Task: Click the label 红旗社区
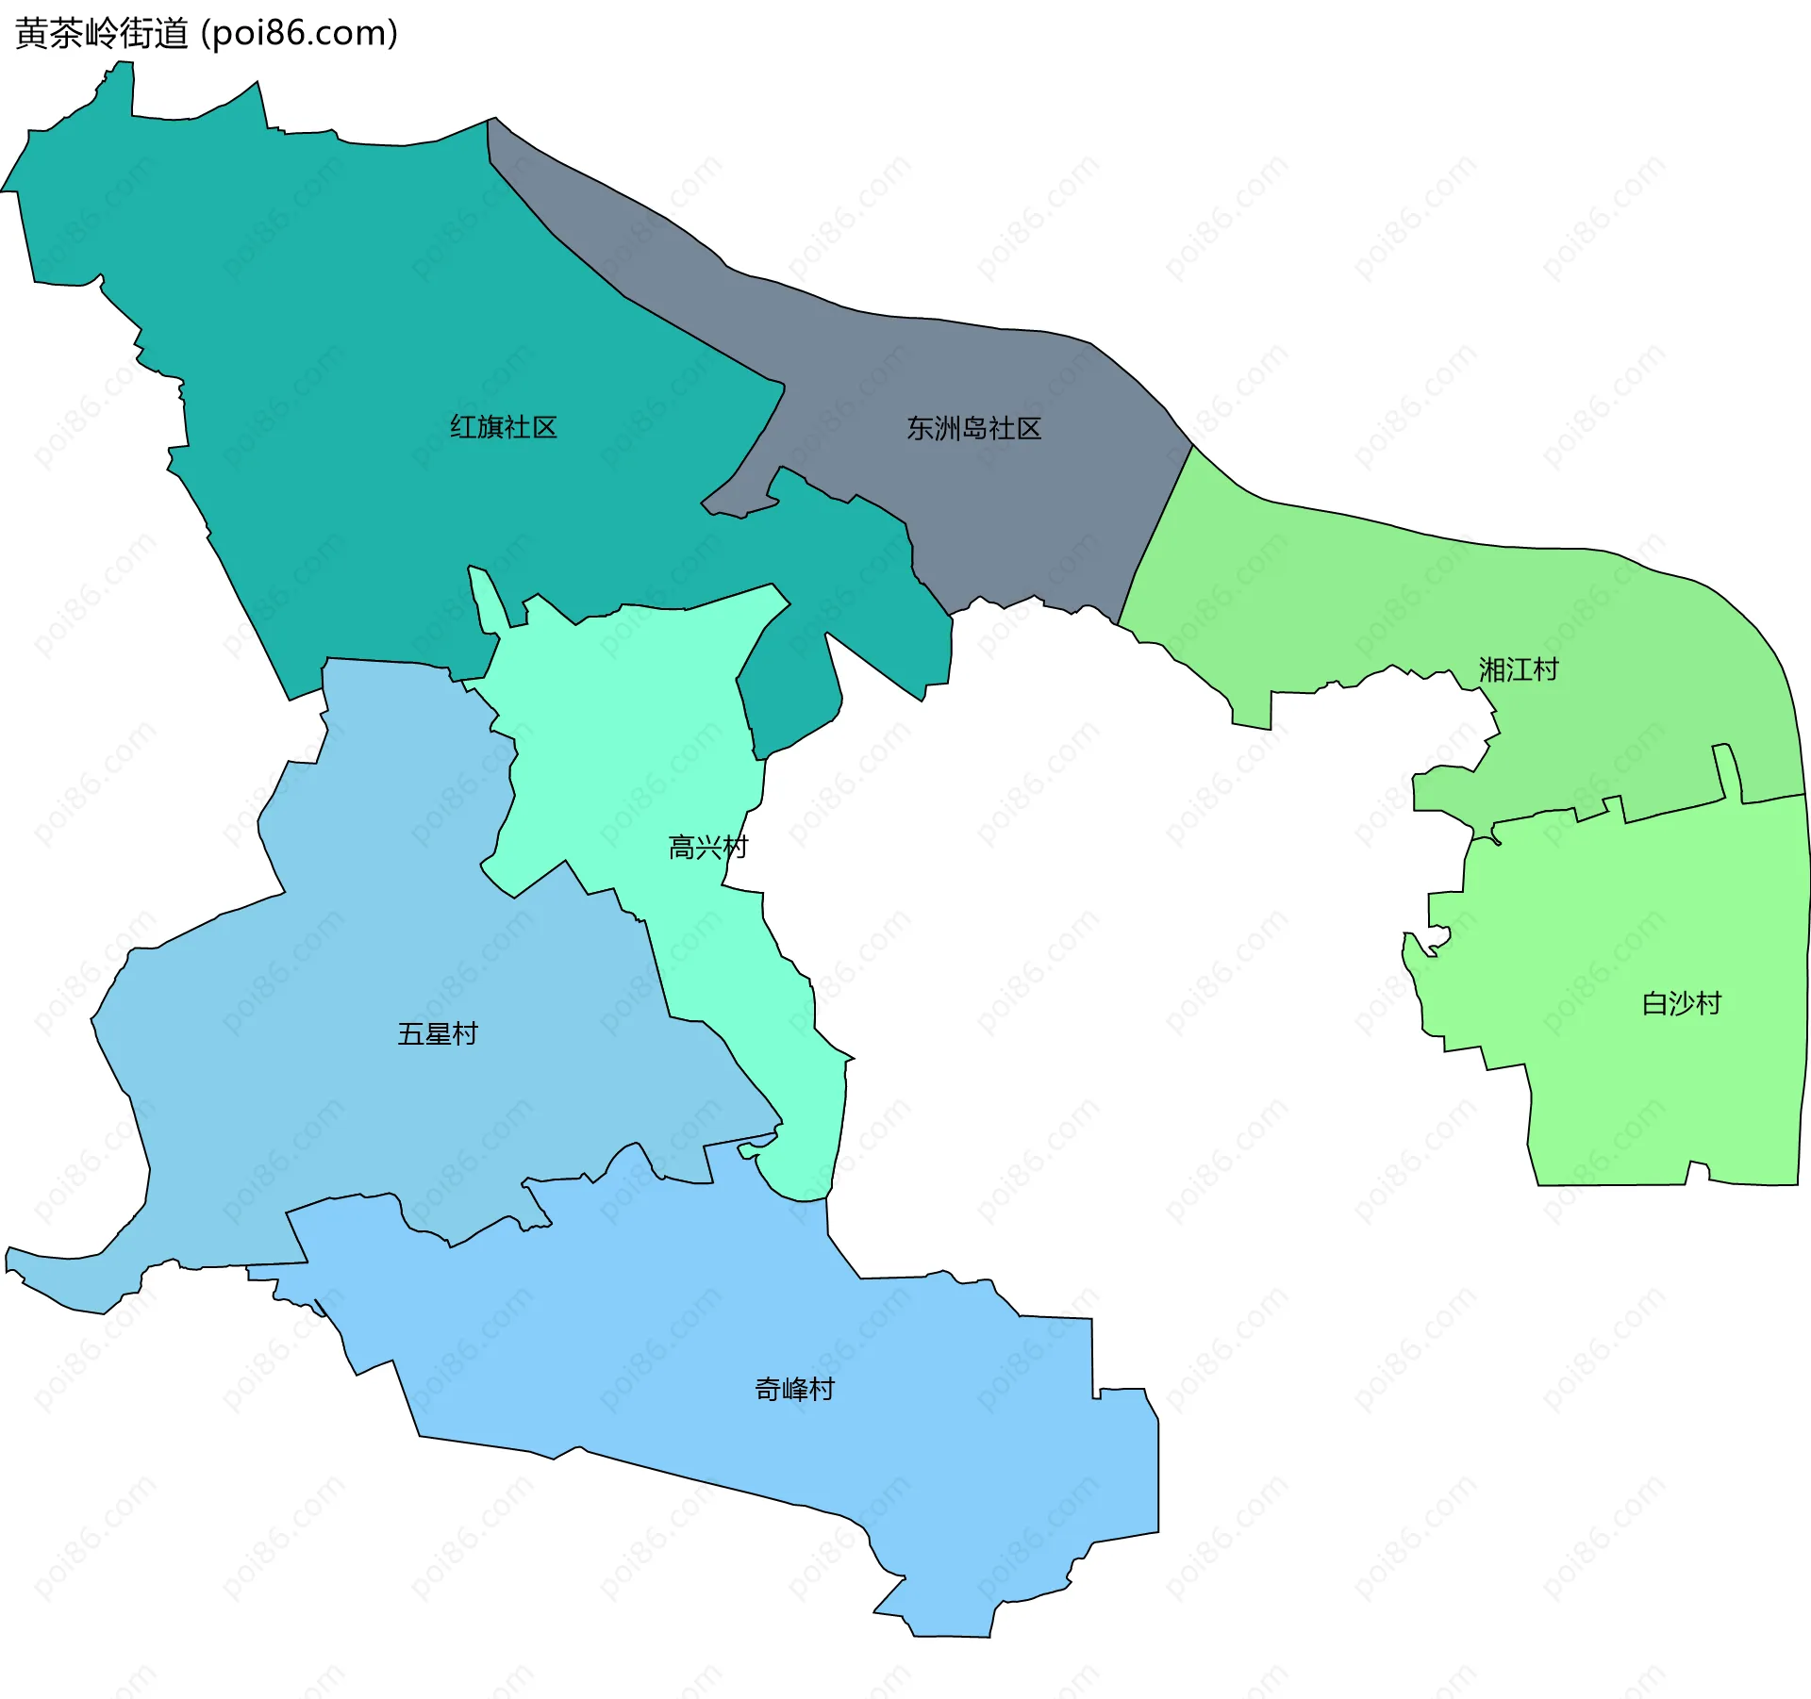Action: pyautogui.click(x=503, y=427)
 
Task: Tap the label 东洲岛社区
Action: pyautogui.click(x=973, y=428)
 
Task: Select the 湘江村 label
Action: pyautogui.click(x=1519, y=669)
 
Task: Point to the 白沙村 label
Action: pyautogui.click(x=1682, y=1002)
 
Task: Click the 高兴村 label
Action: pyautogui.click(x=707, y=848)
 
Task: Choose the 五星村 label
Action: pyautogui.click(x=437, y=1033)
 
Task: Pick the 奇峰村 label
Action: pyautogui.click(x=794, y=1389)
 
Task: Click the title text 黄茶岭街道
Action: pyautogui.click(x=102, y=33)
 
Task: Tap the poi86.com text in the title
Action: pyautogui.click(x=300, y=33)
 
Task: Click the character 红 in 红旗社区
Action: pyautogui.click(x=462, y=427)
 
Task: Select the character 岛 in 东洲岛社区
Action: pyautogui.click(x=973, y=428)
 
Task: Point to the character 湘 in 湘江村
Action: pyautogui.click(x=1492, y=669)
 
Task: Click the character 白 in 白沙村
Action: pyautogui.click(x=1655, y=1002)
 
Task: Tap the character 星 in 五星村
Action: pyautogui.click(x=438, y=1033)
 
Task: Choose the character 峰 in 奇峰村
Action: pyautogui.click(x=794, y=1389)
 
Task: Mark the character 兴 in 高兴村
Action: pyautogui.click(x=708, y=848)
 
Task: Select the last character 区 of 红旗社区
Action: pyautogui.click(x=544, y=427)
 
